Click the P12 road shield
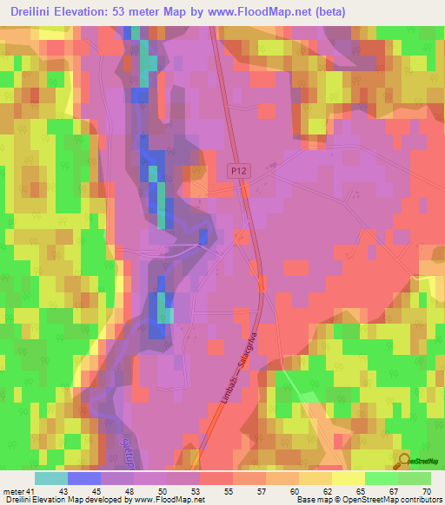239,173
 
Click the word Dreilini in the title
37,11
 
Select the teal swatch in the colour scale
50,478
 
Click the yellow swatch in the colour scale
348,478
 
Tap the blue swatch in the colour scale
83,478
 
